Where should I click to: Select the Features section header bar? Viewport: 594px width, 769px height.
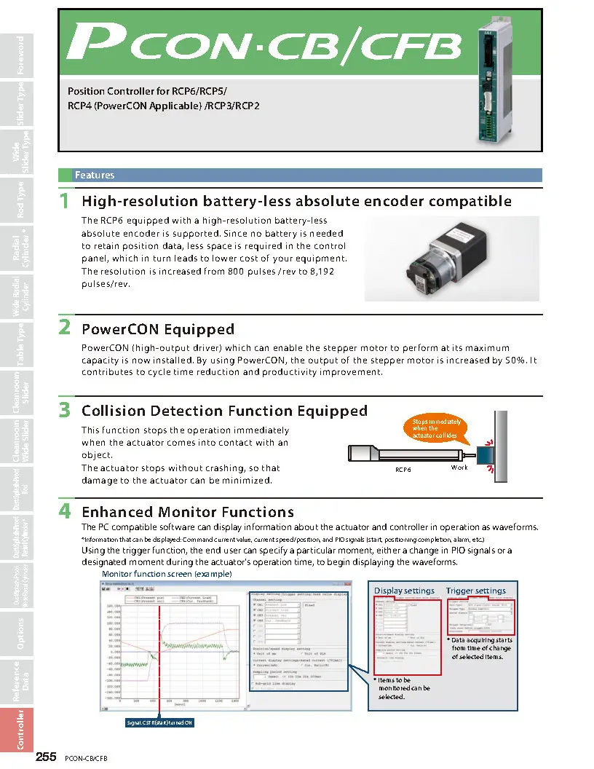[x=300, y=176]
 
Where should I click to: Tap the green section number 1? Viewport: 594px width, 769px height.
[x=65, y=201]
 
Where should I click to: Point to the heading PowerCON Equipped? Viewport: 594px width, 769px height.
[x=157, y=329]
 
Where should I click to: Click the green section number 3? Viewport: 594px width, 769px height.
[x=65, y=411]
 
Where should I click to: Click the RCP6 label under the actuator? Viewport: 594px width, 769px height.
[x=403, y=470]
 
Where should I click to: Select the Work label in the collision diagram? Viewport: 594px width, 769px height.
[x=459, y=468]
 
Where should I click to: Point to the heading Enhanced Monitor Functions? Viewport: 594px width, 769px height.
[x=187, y=512]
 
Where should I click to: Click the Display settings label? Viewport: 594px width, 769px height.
[x=404, y=591]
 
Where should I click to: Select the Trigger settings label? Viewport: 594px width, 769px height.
[x=475, y=591]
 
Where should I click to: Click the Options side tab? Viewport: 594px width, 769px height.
[x=20, y=633]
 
